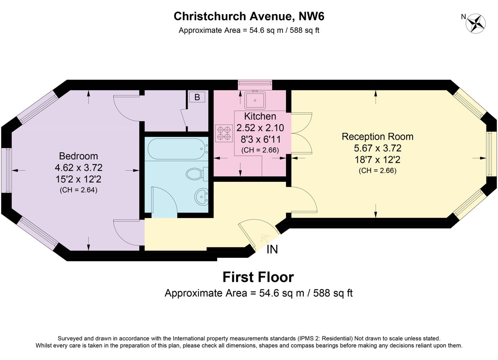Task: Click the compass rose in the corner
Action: (476, 23)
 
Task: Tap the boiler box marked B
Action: (197, 98)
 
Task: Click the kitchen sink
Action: (255, 100)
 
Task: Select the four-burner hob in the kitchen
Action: (224, 132)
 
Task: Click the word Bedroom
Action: (78, 156)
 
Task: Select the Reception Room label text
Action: (377, 136)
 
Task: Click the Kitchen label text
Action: (260, 116)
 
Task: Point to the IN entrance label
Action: (272, 250)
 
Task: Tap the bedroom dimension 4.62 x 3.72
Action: (78, 168)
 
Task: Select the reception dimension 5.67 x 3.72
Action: (377, 148)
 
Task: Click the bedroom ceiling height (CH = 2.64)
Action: (78, 190)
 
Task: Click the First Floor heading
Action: (258, 277)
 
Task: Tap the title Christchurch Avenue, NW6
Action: (249, 16)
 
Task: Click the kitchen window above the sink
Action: (255, 85)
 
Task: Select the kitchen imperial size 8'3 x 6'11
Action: (260, 139)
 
